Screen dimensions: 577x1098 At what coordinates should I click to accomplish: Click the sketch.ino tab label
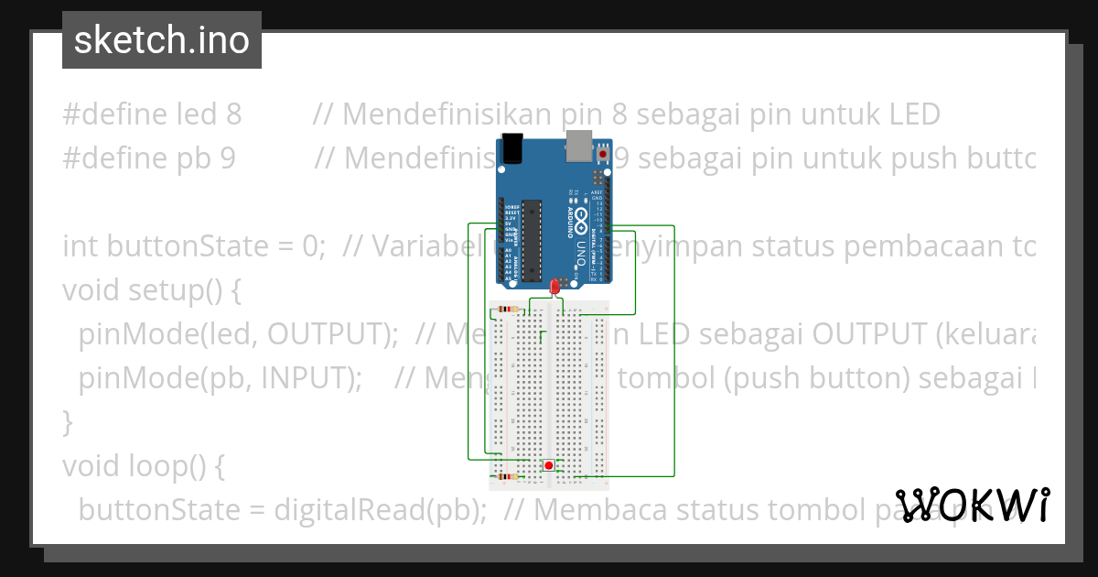coord(161,40)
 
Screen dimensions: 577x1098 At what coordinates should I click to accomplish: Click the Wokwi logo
coord(973,505)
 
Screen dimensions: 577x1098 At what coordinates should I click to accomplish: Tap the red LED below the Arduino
coord(554,288)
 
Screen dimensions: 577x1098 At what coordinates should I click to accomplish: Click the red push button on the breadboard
coord(548,465)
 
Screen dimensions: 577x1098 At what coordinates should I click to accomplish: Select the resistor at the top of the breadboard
coord(507,310)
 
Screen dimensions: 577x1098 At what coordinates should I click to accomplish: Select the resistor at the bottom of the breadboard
coord(506,476)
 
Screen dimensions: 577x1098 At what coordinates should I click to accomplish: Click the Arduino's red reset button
coord(602,157)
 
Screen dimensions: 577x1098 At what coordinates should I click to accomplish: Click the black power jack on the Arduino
coord(512,147)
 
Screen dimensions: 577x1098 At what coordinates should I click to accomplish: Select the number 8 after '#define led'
coord(233,114)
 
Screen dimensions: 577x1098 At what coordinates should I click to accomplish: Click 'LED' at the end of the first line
coord(914,114)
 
